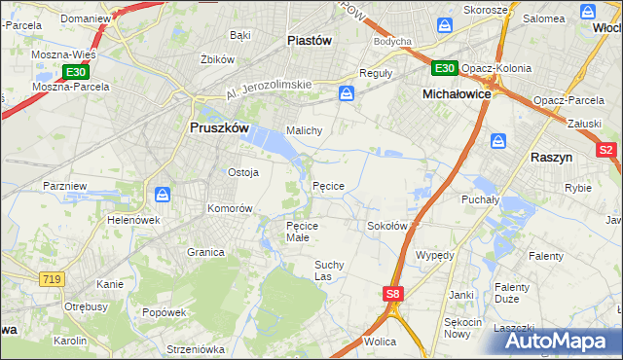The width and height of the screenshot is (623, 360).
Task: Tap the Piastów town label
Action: pyautogui.click(x=311, y=40)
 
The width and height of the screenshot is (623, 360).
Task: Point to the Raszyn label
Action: pyautogui.click(x=552, y=156)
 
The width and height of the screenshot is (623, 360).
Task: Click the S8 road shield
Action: pyautogui.click(x=391, y=293)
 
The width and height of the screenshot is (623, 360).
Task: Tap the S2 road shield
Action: pyautogui.click(x=605, y=150)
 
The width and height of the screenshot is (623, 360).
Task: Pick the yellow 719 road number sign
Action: pyautogui.click(x=52, y=279)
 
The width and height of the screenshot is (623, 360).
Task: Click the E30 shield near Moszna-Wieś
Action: pyautogui.click(x=76, y=72)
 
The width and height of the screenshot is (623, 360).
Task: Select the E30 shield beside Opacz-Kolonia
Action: pyautogui.click(x=445, y=68)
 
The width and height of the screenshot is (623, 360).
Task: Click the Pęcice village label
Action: pyautogui.click(x=328, y=186)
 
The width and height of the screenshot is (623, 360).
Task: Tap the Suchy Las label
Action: pyautogui.click(x=329, y=270)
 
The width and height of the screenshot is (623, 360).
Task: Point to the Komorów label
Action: pyautogui.click(x=230, y=208)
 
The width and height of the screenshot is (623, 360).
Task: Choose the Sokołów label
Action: pyautogui.click(x=386, y=226)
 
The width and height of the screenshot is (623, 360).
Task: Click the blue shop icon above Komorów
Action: pyautogui.click(x=163, y=194)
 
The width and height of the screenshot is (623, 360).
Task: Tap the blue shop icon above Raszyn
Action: pyautogui.click(x=498, y=140)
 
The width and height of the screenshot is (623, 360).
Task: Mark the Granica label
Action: pyautogui.click(x=205, y=251)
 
